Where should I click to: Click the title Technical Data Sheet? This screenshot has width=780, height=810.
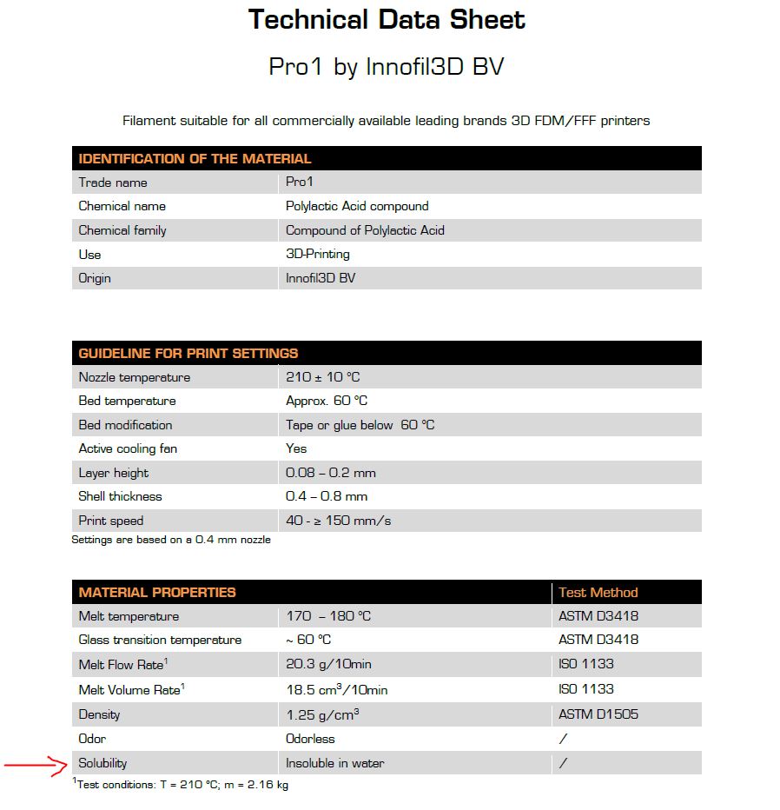[387, 20]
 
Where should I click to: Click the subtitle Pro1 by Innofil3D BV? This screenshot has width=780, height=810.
[387, 67]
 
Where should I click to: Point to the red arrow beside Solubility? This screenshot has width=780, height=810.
[36, 766]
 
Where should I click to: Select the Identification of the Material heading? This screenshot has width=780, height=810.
[195, 159]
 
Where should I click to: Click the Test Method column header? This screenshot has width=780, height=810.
[598, 593]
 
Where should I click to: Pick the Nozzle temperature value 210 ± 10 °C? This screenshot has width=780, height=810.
[323, 377]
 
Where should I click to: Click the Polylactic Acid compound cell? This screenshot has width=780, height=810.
[357, 206]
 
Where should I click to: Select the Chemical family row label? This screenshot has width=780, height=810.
[122, 230]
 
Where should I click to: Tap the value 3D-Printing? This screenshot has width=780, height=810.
[318, 254]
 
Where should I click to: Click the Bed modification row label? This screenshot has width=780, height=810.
[125, 425]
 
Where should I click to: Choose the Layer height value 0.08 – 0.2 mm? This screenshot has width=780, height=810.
[331, 473]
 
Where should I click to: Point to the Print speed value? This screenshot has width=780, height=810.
[339, 521]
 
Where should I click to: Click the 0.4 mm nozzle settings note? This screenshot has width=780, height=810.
[171, 540]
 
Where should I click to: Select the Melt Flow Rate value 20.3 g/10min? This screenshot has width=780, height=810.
[329, 664]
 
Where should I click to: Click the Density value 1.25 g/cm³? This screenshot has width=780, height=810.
[323, 714]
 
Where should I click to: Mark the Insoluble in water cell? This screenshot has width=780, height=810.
[335, 763]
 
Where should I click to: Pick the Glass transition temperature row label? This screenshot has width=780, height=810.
[160, 640]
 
